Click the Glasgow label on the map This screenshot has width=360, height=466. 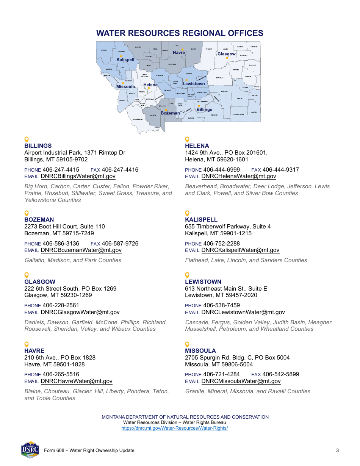(x=226, y=54)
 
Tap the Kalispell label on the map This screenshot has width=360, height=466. (x=125, y=60)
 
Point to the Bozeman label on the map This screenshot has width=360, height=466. (x=170, y=113)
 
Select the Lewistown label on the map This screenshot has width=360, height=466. (x=194, y=84)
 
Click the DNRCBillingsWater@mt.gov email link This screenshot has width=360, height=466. (x=78, y=176)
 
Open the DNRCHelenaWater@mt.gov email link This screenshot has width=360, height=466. (x=239, y=176)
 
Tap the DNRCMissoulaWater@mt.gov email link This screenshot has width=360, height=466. (x=241, y=381)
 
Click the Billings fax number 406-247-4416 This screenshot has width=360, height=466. (x=120, y=170)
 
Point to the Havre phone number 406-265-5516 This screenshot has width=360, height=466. (x=61, y=374)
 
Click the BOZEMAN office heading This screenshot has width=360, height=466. (x=39, y=220)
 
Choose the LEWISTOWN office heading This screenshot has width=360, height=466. (x=203, y=282)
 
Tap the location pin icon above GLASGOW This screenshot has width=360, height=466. (x=27, y=275)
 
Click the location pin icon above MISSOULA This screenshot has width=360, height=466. (x=187, y=344)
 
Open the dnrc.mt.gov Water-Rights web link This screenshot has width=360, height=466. (x=175, y=428)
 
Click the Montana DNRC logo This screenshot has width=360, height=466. (x=30, y=450)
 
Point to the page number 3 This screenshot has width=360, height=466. (x=337, y=450)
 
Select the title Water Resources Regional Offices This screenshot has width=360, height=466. (x=180, y=33)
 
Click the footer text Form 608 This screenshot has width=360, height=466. (x=89, y=450)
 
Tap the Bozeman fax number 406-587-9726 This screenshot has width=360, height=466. (x=120, y=244)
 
